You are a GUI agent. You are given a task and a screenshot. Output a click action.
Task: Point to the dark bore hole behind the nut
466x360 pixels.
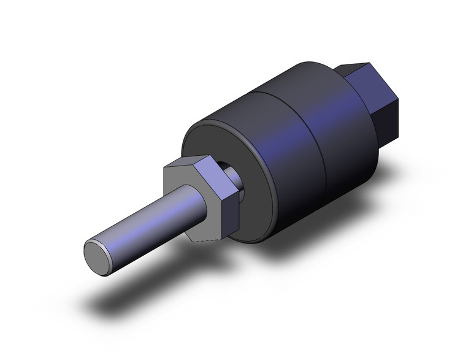(227, 168)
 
